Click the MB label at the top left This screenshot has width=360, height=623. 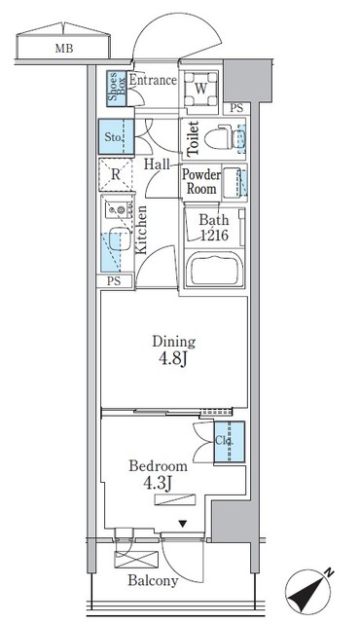point(62,46)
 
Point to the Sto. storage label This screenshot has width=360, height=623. point(113,137)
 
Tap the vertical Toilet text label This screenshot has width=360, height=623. point(193,138)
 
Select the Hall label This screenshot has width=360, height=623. point(157,165)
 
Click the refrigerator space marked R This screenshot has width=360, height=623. point(116,175)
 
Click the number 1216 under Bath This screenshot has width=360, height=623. point(216,236)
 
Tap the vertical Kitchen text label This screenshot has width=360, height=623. point(141,230)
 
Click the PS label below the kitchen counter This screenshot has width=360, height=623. point(115,282)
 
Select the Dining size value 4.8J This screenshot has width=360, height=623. point(173,358)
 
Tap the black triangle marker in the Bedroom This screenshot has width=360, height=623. point(181,525)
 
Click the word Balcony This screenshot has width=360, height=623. point(151,581)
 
